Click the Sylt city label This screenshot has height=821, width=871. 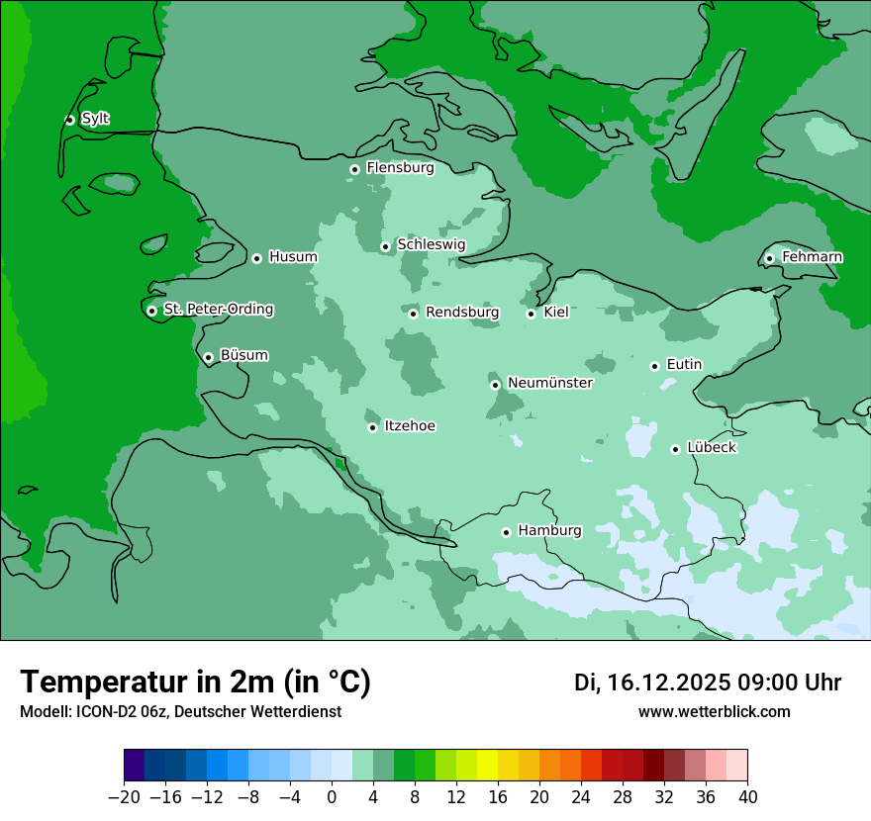[x=95, y=119]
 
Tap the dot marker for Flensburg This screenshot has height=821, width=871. [x=354, y=169]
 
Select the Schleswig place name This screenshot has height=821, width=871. [x=431, y=244]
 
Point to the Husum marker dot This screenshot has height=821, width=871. [x=256, y=258]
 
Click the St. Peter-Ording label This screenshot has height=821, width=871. [x=218, y=309]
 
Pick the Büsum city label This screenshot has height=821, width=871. [x=243, y=355]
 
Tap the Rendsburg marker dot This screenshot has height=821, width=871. [x=413, y=314]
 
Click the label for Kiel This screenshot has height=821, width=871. [x=556, y=313]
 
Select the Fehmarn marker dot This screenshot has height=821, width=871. [x=769, y=258]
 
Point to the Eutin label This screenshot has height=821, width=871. [x=684, y=364]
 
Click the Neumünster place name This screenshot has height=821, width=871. [x=550, y=383]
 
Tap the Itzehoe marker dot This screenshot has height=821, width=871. [x=372, y=427]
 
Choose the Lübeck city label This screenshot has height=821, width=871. [x=711, y=447]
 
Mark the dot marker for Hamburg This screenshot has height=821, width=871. [x=506, y=532]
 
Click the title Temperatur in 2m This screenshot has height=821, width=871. [x=195, y=682]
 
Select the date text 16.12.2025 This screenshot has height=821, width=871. [x=668, y=683]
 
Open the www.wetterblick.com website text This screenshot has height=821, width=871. [x=714, y=711]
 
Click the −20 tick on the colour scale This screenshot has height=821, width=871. [x=124, y=797]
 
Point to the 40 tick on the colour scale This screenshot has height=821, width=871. [x=747, y=797]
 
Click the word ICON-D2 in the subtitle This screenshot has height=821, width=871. [x=103, y=711]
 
